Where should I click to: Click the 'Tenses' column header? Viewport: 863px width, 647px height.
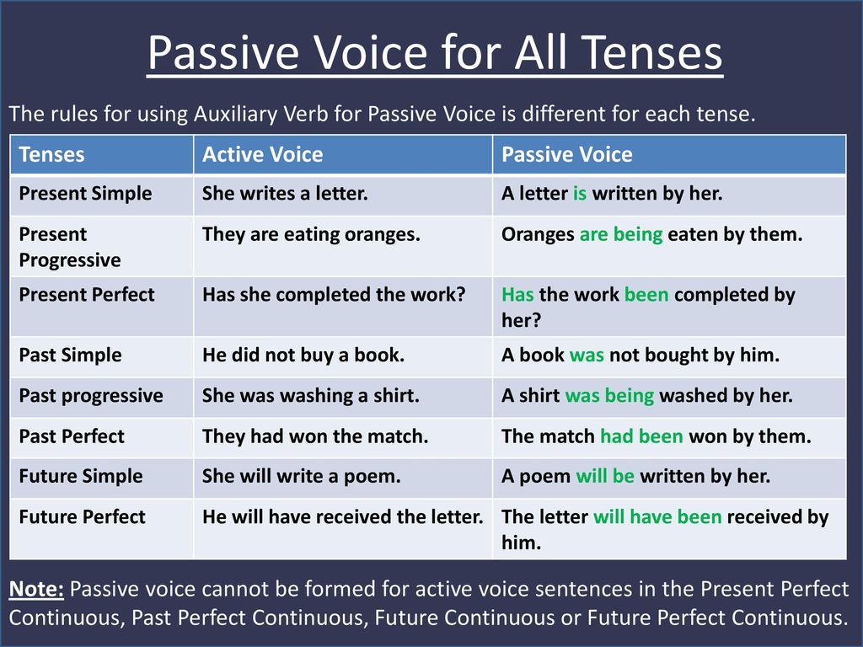pos(51,155)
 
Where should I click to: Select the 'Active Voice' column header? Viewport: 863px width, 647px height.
pos(263,155)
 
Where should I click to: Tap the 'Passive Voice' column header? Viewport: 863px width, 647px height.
pos(567,155)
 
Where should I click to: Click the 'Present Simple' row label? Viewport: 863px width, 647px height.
pos(85,195)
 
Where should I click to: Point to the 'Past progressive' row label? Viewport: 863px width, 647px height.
pos(91,396)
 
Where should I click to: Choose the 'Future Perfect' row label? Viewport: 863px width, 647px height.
pos(82,516)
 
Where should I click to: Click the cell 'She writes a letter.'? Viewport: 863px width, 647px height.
pos(285,194)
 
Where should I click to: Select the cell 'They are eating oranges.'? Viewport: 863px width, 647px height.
pos(311,235)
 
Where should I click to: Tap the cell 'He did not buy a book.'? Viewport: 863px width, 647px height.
pos(303,355)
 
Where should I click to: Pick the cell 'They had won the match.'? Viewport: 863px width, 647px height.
pos(315,436)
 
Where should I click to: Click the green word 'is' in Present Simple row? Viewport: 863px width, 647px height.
pos(580,194)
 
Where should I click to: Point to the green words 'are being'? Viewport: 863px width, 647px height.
pos(621,235)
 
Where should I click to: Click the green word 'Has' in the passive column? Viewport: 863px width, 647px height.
pos(517,295)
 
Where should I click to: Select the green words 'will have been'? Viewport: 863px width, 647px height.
pos(657,516)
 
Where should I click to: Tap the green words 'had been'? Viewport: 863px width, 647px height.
pos(641,436)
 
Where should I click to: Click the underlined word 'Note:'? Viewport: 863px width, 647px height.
pos(36,589)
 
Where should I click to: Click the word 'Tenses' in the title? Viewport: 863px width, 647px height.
pos(651,53)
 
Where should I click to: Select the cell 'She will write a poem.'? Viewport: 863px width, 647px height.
pos(302,477)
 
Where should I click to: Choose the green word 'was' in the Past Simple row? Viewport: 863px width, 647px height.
pos(587,356)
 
